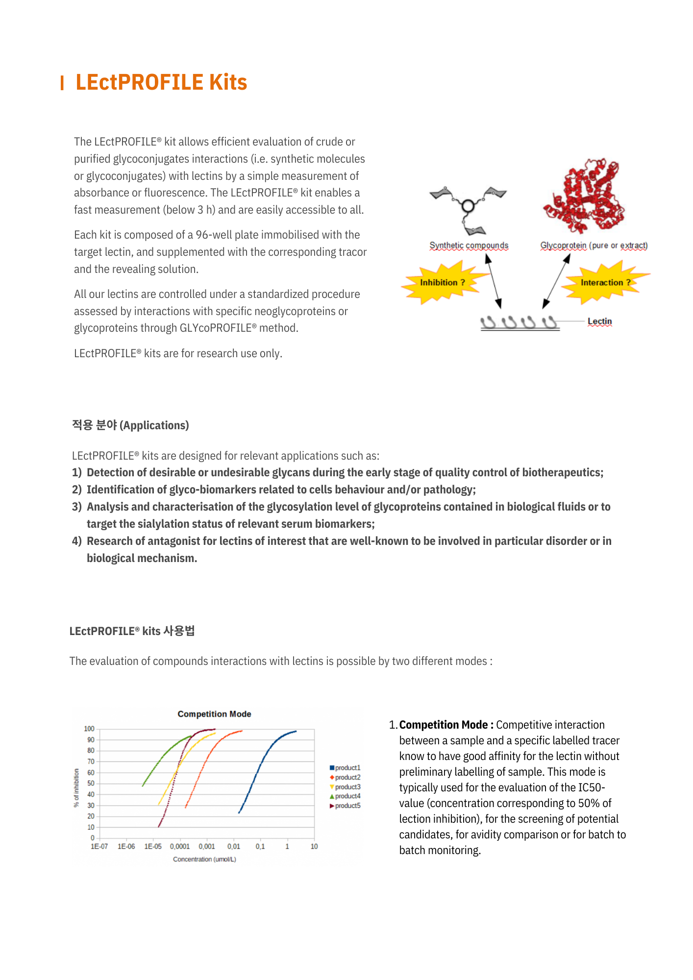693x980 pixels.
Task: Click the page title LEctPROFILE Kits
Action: click(161, 82)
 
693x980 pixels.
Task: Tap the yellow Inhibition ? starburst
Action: click(442, 283)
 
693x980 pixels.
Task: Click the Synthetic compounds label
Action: click(469, 245)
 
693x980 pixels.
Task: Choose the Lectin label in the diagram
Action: click(599, 321)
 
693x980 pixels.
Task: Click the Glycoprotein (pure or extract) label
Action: click(594, 245)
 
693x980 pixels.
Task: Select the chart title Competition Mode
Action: click(214, 714)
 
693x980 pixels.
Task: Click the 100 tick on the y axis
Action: click(89, 729)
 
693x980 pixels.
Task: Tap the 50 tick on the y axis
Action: click(91, 784)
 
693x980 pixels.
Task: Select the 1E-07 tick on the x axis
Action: click(99, 846)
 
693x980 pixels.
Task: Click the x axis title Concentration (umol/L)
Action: click(204, 859)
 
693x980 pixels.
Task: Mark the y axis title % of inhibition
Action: click(76, 787)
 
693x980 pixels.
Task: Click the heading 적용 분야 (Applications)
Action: click(130, 425)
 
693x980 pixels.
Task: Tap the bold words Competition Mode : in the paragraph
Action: click(446, 725)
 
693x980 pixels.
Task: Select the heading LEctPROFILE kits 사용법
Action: click(132, 631)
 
